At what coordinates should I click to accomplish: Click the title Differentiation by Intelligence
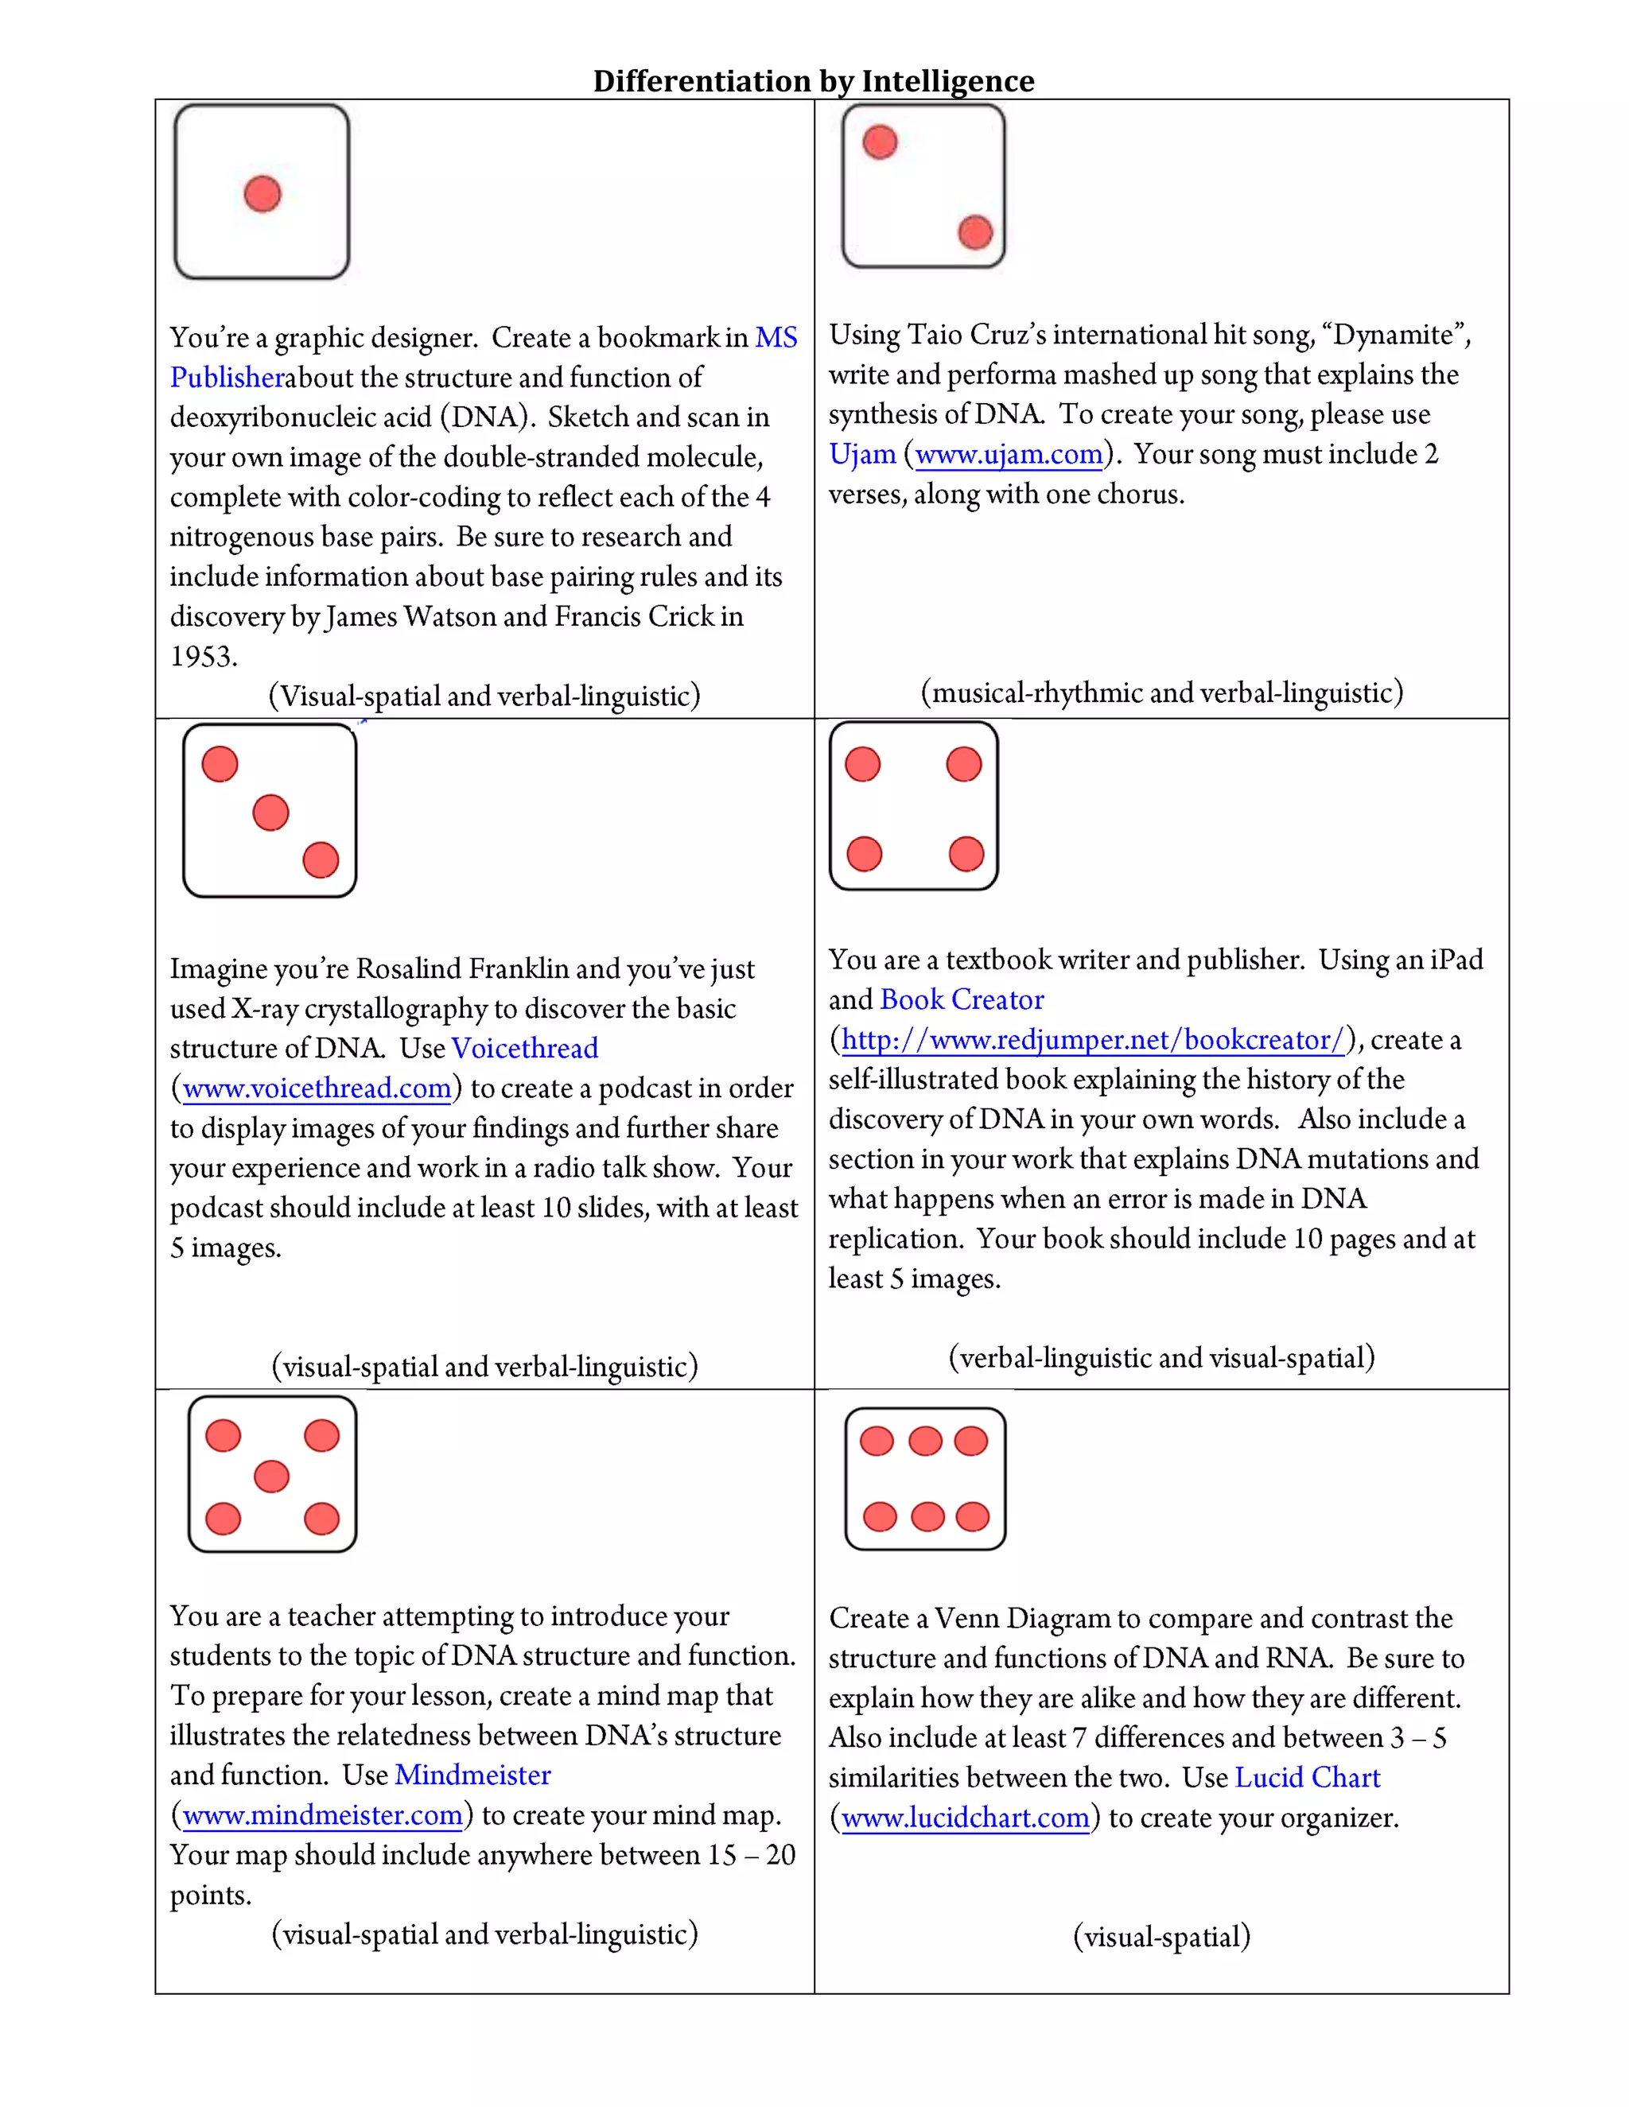point(813,81)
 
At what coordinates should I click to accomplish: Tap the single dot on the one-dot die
point(262,194)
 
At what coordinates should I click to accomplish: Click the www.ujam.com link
point(1009,453)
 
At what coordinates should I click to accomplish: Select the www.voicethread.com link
point(317,1088)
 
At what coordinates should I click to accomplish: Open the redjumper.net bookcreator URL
point(1092,1039)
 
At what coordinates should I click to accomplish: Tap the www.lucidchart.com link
point(965,1818)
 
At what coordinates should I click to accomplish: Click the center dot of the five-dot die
point(271,1476)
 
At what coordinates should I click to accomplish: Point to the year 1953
point(203,656)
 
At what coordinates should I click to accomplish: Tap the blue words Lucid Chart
point(1307,1777)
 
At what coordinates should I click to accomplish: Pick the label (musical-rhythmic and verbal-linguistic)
point(1162,693)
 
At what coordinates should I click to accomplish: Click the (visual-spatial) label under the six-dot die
point(1162,1936)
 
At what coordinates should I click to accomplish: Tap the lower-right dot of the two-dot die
point(974,231)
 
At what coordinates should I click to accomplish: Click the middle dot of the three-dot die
point(270,813)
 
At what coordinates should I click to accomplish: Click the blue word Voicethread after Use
point(525,1048)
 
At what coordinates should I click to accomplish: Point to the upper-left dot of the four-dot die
point(863,764)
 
